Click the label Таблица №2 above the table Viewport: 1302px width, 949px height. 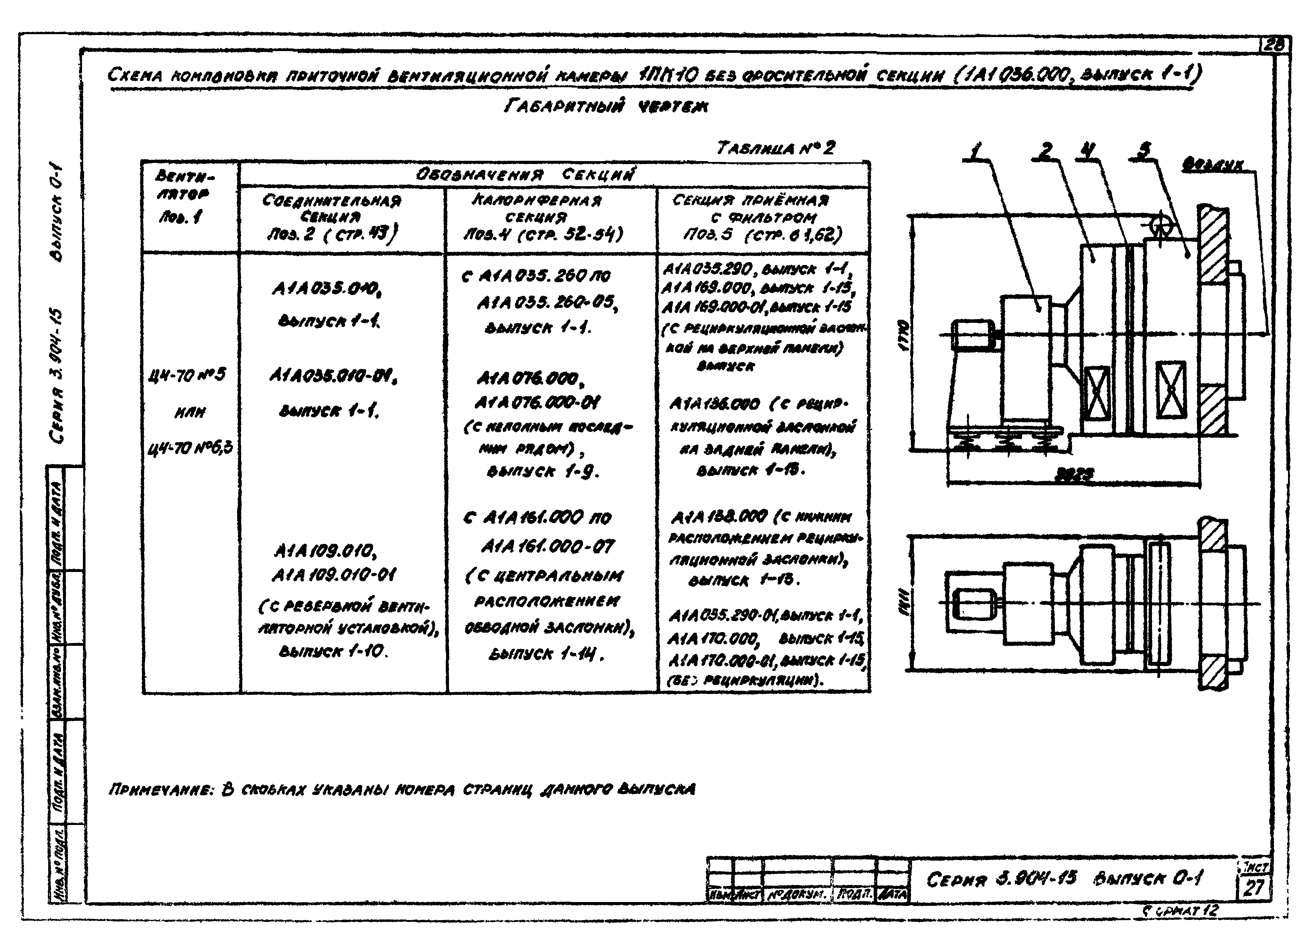coord(776,148)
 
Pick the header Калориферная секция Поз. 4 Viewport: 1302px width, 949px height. coord(543,217)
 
